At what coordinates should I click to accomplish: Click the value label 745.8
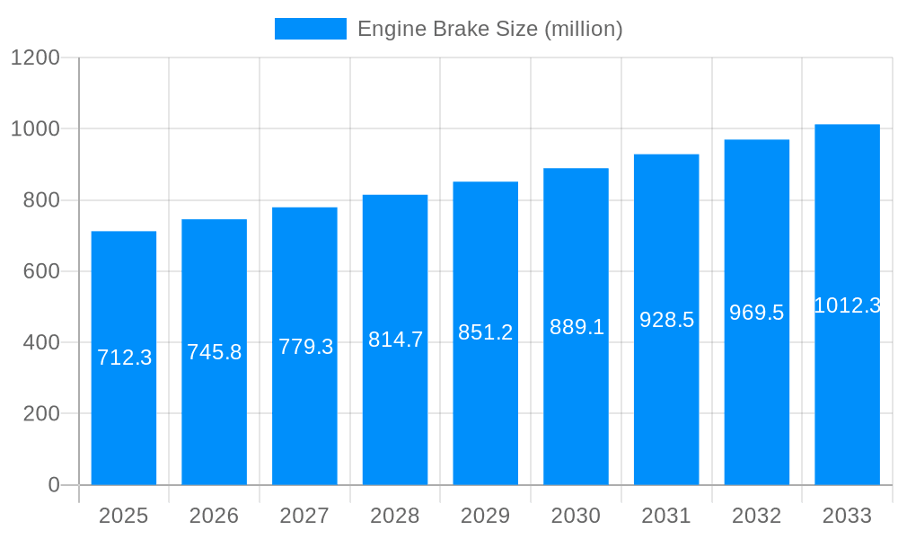[x=214, y=352]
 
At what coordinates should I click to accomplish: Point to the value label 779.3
[x=305, y=347]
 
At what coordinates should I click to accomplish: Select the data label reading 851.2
[x=485, y=332]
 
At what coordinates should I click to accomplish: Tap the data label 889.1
[x=577, y=327]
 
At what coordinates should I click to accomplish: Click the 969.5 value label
[x=756, y=313]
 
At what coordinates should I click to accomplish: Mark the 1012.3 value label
[x=847, y=305]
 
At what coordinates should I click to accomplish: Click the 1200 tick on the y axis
[x=35, y=57]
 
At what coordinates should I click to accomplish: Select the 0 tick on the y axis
[x=54, y=485]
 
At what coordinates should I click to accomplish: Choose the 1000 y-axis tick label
[x=35, y=128]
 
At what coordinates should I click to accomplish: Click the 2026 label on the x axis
[x=214, y=516]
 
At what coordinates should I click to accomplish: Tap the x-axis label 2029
[x=485, y=516]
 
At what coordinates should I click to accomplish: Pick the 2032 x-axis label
[x=756, y=516]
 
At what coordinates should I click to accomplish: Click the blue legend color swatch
[x=310, y=29]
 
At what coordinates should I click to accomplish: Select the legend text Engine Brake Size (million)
[x=489, y=29]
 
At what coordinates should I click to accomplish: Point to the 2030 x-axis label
[x=576, y=516]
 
